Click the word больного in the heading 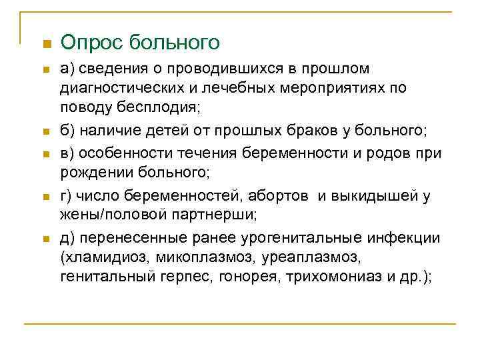[x=174, y=43]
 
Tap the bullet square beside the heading [x=45, y=45]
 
